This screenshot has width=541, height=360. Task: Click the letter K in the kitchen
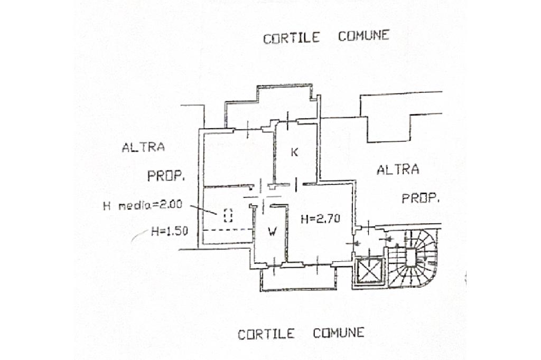[x=295, y=153]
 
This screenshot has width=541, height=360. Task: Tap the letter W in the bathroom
[x=272, y=231]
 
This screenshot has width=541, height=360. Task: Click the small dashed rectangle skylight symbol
[x=228, y=215]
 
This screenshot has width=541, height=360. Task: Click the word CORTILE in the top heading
[x=292, y=38]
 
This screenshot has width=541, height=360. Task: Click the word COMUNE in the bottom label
[x=338, y=333]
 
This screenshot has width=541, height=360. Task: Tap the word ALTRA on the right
[x=398, y=170]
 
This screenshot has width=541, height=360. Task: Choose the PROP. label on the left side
[x=166, y=176]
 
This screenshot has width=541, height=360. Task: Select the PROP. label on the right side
[x=421, y=199]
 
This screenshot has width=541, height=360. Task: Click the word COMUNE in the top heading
[x=363, y=36]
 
